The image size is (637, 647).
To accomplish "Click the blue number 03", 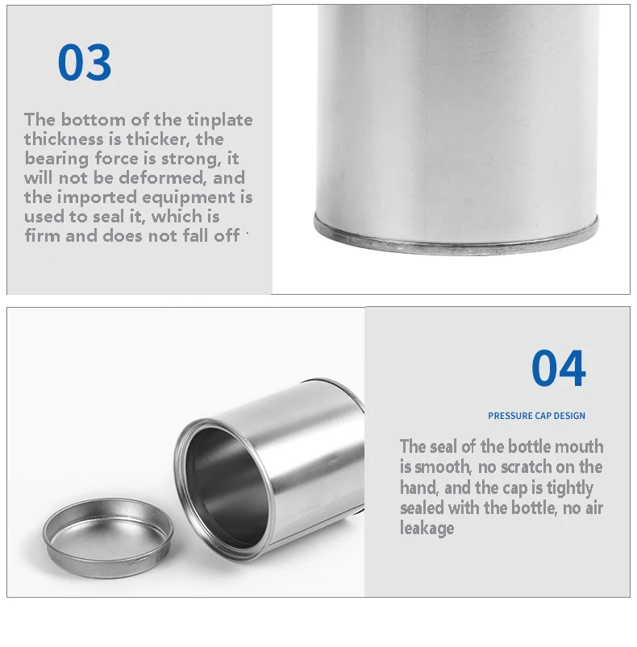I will tap(85, 62).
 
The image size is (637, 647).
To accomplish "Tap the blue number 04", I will tap(558, 369).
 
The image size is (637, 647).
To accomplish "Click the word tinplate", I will tap(220, 120).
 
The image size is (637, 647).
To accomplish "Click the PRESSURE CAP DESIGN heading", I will tap(536, 416).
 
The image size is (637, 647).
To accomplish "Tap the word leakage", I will tap(427, 529).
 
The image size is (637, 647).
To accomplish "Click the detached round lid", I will tap(109, 532).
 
